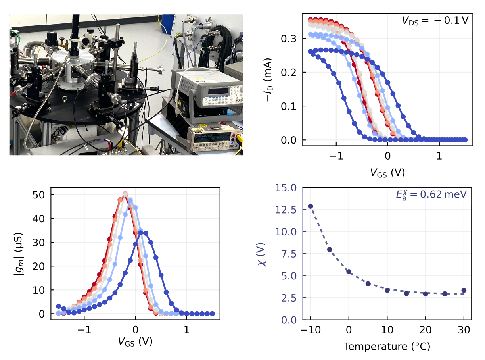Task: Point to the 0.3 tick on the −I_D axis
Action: point(291,39)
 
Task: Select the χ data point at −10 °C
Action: point(311,206)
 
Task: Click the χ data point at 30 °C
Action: point(464,290)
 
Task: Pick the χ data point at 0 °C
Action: point(349,272)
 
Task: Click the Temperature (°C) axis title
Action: point(387,347)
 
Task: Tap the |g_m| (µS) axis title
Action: point(19,254)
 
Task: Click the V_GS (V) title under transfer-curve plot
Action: point(387,173)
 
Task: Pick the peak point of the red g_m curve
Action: point(125,194)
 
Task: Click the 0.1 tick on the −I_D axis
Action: point(291,106)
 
